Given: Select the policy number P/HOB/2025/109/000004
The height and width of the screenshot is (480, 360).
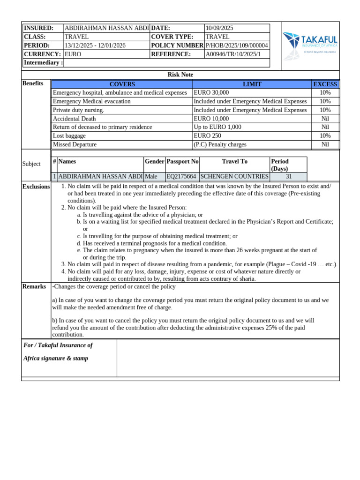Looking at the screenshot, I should [237, 45].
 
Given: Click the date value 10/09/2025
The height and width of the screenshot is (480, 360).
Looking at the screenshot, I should [219, 28].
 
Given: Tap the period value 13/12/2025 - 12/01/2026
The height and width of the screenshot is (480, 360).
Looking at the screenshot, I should [95, 45].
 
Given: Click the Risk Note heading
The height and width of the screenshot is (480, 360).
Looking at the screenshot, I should [180, 75].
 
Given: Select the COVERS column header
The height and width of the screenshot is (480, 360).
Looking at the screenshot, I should [122, 84].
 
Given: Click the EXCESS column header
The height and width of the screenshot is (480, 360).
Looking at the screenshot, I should [325, 84].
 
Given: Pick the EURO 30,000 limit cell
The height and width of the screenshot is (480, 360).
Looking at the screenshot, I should [211, 93].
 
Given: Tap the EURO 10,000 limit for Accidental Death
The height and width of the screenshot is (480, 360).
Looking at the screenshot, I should [211, 119].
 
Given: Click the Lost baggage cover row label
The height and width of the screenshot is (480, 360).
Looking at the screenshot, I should [69, 136].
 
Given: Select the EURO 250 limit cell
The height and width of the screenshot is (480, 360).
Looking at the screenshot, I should [207, 136].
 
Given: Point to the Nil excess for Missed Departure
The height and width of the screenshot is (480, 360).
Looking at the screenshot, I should [325, 144].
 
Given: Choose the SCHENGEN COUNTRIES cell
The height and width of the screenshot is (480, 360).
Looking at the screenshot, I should [234, 177].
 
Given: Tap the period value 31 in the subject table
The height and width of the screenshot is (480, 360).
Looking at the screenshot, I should [288, 177].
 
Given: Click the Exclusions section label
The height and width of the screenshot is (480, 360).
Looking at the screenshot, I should [36, 187].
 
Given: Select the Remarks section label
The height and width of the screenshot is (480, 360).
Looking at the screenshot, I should [34, 286].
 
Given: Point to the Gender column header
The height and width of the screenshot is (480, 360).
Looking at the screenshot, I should [155, 161].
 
